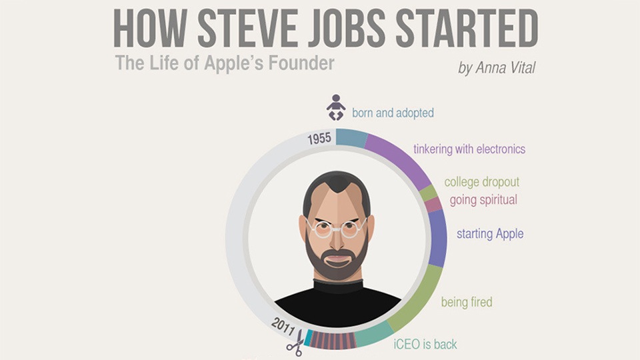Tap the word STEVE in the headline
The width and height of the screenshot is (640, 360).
(x=248, y=29)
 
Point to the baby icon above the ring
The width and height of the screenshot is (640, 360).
(x=335, y=107)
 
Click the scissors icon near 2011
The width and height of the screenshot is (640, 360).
(x=295, y=343)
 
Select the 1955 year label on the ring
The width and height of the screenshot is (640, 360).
(x=319, y=139)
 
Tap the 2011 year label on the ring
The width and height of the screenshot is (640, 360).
(x=283, y=327)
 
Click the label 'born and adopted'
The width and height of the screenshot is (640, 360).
(x=393, y=113)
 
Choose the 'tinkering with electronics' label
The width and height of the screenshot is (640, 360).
(x=469, y=149)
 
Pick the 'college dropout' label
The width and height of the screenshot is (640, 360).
(x=481, y=182)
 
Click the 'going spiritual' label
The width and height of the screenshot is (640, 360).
(x=483, y=200)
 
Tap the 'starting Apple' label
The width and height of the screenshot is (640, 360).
(x=490, y=234)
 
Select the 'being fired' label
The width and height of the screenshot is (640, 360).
(x=467, y=302)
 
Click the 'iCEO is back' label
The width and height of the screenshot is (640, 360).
(x=425, y=345)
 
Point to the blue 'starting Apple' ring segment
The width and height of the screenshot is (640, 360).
(x=437, y=239)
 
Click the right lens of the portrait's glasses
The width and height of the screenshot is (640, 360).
(x=351, y=229)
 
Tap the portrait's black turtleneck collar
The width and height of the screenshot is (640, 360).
(x=338, y=286)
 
